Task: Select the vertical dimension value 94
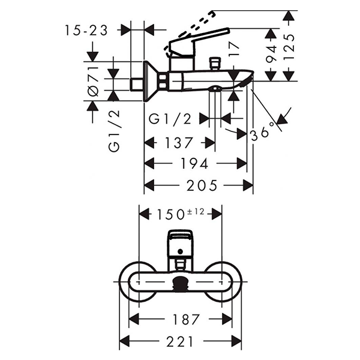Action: pos(271,55)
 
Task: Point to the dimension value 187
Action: pos(181,320)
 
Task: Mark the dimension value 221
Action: pos(181,341)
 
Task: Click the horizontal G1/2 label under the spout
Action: pos(170,119)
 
